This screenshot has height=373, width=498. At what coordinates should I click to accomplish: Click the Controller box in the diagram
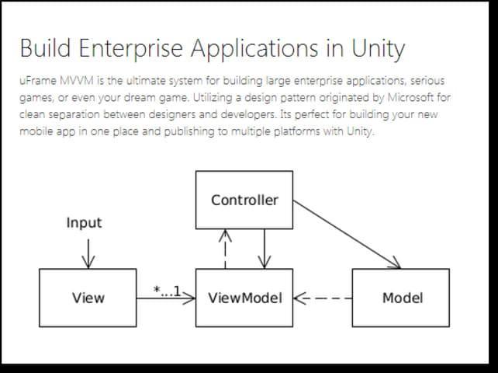pyautogui.click(x=244, y=200)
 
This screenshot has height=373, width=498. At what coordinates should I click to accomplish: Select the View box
pyautogui.click(x=88, y=298)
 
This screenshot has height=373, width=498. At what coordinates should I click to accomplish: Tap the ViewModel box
pyautogui.click(x=244, y=298)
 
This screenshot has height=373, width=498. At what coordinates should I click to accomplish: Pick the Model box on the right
pyautogui.click(x=402, y=298)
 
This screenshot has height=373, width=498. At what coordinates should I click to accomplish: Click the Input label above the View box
pyautogui.click(x=84, y=223)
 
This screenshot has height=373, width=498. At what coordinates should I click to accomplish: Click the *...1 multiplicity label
pyautogui.click(x=167, y=291)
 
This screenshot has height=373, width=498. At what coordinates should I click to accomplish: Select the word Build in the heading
pyautogui.click(x=43, y=49)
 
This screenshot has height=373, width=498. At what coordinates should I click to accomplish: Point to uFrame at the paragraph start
pyautogui.click(x=34, y=81)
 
